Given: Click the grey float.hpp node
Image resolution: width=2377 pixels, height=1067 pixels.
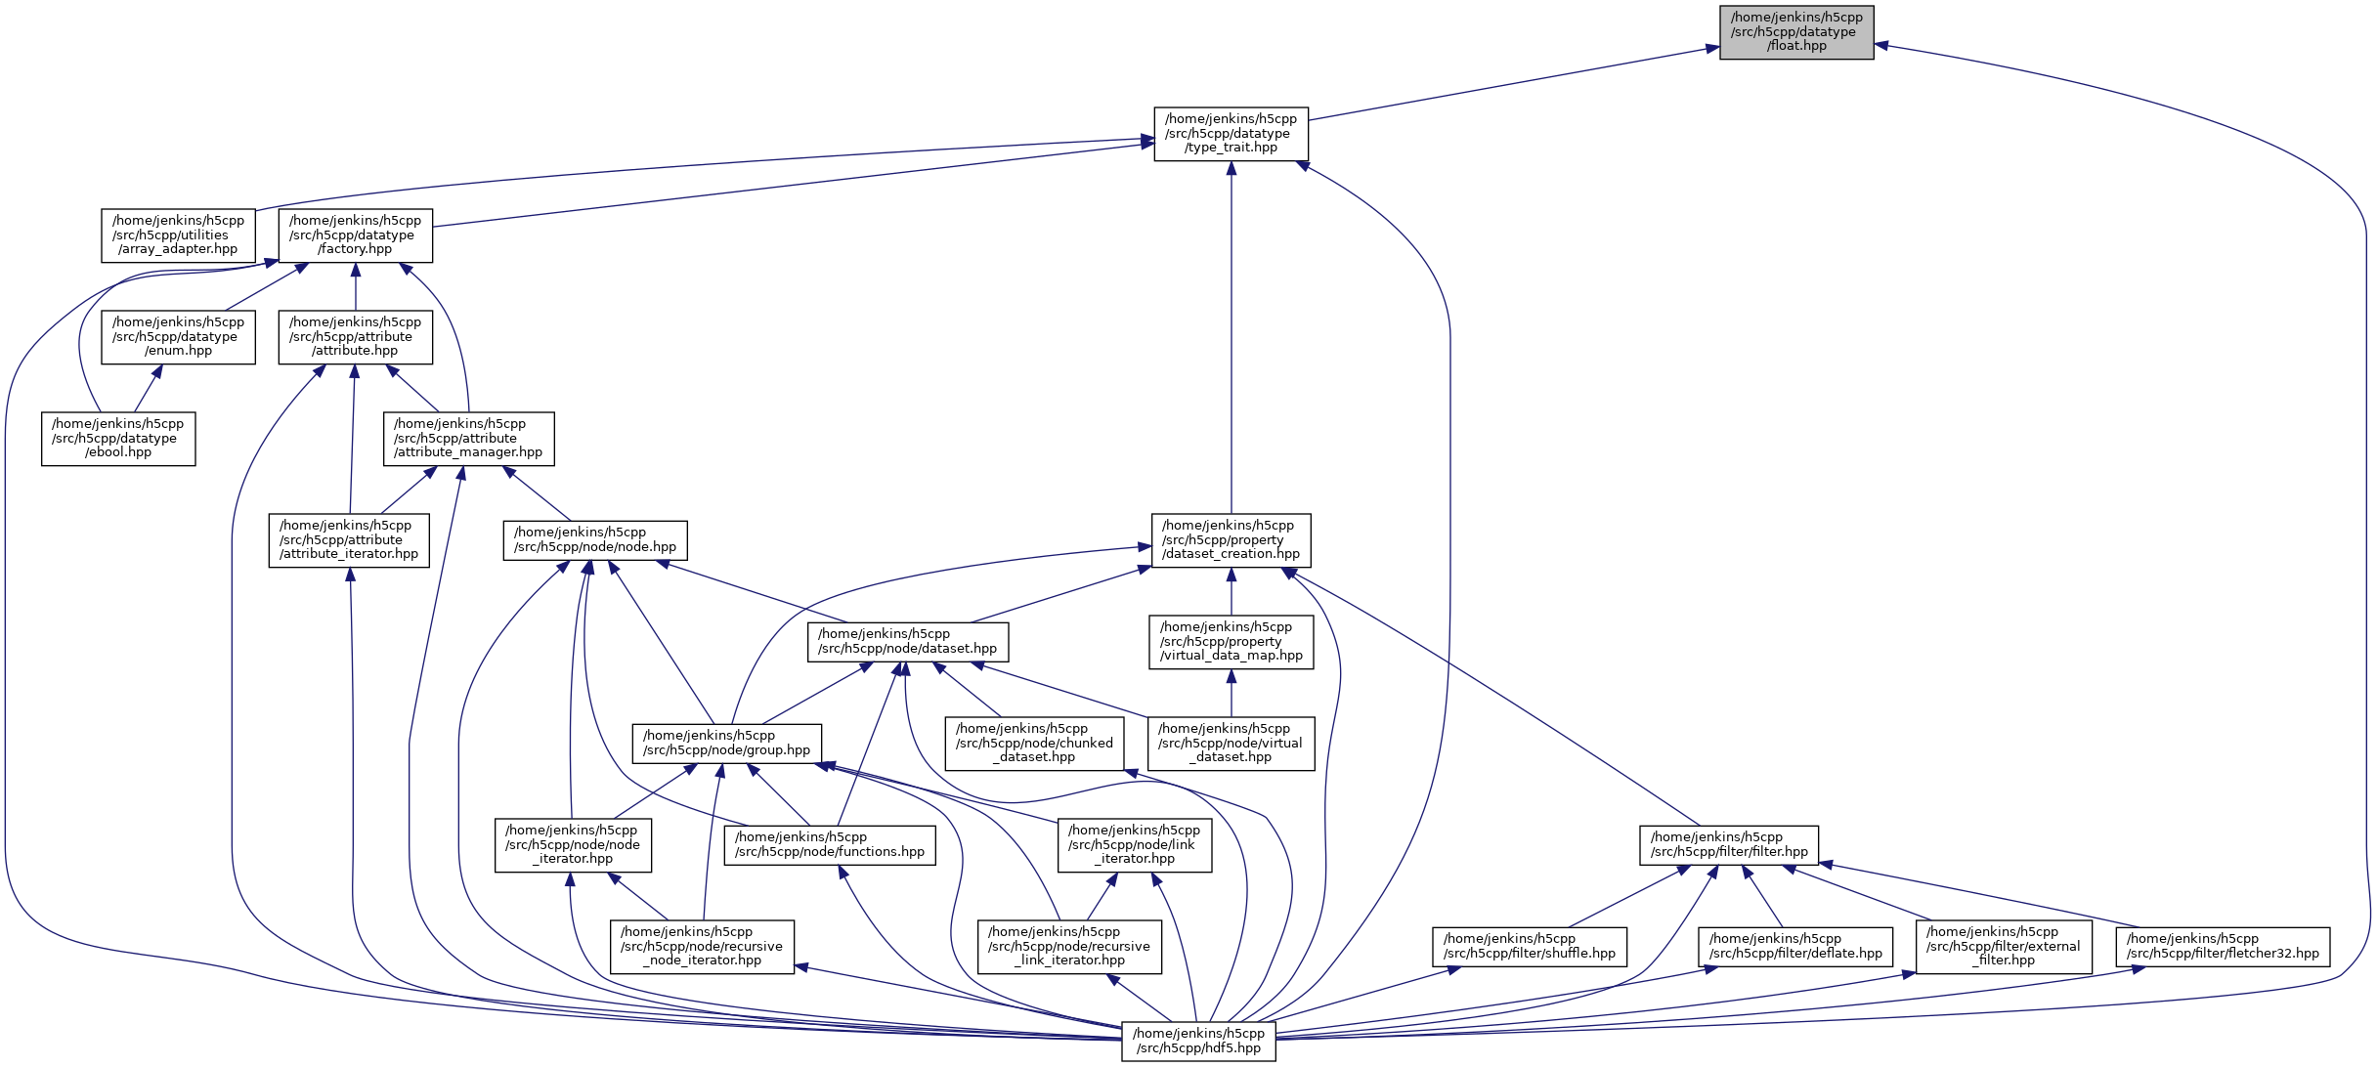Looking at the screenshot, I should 1796,32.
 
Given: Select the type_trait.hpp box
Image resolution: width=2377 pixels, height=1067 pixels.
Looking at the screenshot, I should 1231,134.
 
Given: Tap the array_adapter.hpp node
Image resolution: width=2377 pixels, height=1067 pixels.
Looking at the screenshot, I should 178,235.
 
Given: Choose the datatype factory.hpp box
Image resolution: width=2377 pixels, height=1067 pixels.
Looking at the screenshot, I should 355,235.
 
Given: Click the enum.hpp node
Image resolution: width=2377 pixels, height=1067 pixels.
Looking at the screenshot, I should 178,337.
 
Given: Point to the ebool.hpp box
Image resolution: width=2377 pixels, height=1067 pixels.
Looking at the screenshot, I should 118,439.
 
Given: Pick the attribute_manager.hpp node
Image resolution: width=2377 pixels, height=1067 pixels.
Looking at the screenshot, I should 468,439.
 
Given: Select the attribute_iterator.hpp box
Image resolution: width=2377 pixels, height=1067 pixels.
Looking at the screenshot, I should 349,540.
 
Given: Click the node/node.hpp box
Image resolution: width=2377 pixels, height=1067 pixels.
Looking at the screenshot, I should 595,540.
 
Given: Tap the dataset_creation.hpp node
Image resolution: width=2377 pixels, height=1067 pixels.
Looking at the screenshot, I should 1231,540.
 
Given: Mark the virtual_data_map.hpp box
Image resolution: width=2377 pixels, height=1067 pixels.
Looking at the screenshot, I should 1231,642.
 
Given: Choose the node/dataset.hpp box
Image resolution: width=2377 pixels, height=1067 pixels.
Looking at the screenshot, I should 907,642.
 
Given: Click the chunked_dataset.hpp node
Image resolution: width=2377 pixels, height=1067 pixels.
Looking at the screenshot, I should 1034,744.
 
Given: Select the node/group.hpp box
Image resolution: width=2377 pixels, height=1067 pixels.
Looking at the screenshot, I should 726,744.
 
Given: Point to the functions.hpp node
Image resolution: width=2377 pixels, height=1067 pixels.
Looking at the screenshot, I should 829,845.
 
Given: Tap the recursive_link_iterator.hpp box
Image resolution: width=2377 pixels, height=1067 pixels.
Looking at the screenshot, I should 1069,947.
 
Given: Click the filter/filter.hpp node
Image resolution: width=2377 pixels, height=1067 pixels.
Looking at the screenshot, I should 1728,845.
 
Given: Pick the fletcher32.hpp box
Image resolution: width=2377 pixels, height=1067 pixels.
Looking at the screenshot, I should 2222,947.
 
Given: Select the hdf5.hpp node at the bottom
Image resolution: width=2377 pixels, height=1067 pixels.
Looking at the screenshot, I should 1198,1042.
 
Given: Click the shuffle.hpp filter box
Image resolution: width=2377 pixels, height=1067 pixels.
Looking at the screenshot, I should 1529,947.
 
